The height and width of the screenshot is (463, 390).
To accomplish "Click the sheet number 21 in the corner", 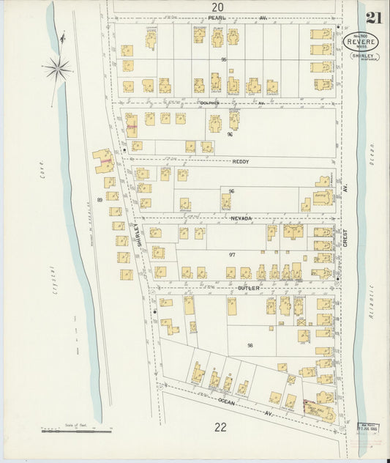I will coord(375,18).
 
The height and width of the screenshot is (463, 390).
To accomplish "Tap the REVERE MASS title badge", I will coord(358,42).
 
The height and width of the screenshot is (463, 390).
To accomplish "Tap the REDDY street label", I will coord(241,160).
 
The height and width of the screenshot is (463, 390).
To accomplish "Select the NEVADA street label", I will coord(241,218).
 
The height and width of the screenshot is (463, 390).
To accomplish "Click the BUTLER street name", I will coord(249,288).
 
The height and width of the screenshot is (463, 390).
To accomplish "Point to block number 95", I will coord(225,59).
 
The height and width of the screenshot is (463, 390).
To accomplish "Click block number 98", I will coord(250,345).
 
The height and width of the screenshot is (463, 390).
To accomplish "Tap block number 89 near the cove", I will coord(100,199).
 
